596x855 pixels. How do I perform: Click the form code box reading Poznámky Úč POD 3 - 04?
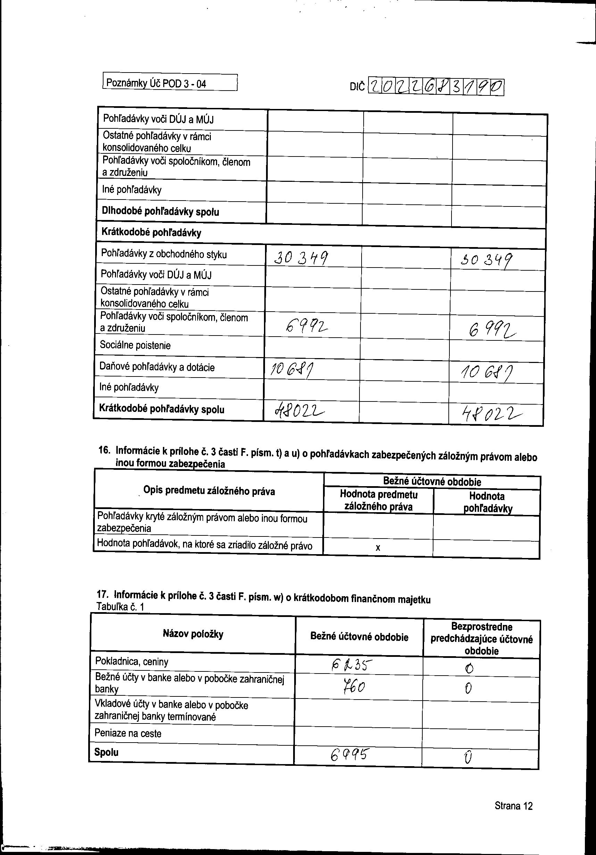[170, 83]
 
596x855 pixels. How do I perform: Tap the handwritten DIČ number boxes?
[436, 87]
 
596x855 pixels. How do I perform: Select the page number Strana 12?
[513, 806]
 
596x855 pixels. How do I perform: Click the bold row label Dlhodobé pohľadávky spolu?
[160, 212]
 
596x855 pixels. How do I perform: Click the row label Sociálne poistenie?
[135, 345]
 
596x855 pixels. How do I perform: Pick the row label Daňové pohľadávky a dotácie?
[157, 367]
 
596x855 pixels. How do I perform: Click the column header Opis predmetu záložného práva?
[209, 491]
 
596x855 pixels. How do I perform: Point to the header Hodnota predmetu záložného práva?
[378, 500]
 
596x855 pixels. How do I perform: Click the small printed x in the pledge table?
[378, 548]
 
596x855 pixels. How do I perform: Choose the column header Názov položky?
[193, 634]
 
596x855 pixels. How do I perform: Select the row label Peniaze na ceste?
[128, 733]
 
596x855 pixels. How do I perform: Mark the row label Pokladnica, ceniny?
[132, 662]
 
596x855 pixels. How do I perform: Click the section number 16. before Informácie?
[104, 450]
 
